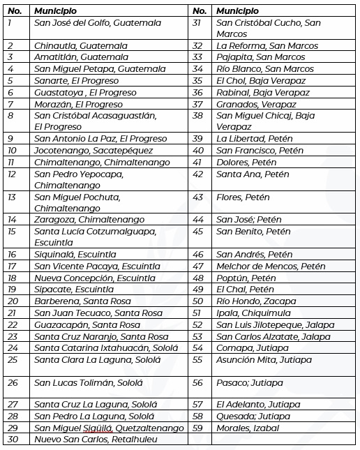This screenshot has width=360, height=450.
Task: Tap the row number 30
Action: click(12, 439)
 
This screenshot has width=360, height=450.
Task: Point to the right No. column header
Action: click(200, 11)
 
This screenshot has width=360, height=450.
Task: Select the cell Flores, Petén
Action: click(243, 197)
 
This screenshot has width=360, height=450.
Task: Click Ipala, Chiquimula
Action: click(253, 313)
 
